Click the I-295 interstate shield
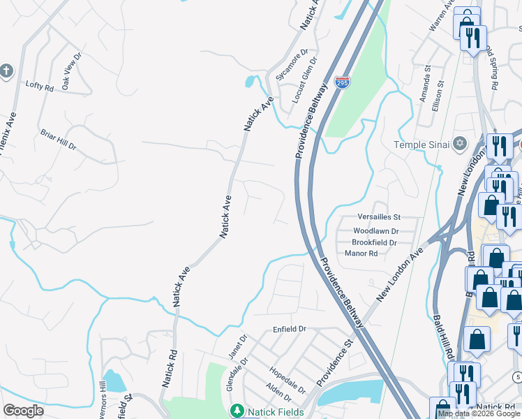click(x=342, y=82)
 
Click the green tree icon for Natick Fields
click(x=237, y=411)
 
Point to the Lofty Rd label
click(x=39, y=86)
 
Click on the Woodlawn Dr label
click(x=375, y=230)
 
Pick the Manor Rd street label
click(x=361, y=253)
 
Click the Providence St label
click(x=335, y=364)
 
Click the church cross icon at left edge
click(x=6, y=71)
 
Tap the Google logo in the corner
click(x=23, y=411)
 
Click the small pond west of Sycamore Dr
click(x=250, y=82)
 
